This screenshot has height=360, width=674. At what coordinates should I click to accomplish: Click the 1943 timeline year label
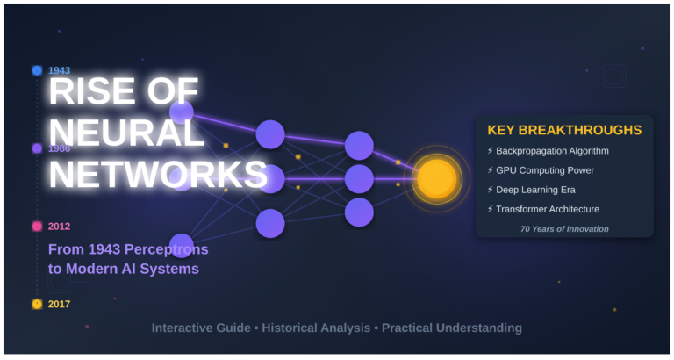click(60, 70)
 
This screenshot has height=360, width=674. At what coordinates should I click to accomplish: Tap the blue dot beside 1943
click(37, 70)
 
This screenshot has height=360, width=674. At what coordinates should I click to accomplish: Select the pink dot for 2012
click(37, 226)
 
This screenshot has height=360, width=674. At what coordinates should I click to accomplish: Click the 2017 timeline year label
click(60, 304)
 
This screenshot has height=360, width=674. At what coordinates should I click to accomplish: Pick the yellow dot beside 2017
click(37, 304)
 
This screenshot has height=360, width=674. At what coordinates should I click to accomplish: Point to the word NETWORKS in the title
click(158, 174)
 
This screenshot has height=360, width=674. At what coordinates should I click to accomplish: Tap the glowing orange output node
click(436, 178)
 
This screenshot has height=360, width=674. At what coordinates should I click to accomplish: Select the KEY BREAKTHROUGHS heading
click(564, 130)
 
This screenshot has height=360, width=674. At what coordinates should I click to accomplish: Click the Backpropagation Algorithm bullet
click(552, 151)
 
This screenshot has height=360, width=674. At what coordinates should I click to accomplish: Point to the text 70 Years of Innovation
click(563, 229)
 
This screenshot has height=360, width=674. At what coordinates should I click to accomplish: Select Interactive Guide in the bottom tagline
click(200, 328)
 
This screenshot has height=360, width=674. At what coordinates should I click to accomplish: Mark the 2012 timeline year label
click(60, 226)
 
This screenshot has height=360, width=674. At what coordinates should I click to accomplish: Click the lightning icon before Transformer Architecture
click(490, 209)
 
